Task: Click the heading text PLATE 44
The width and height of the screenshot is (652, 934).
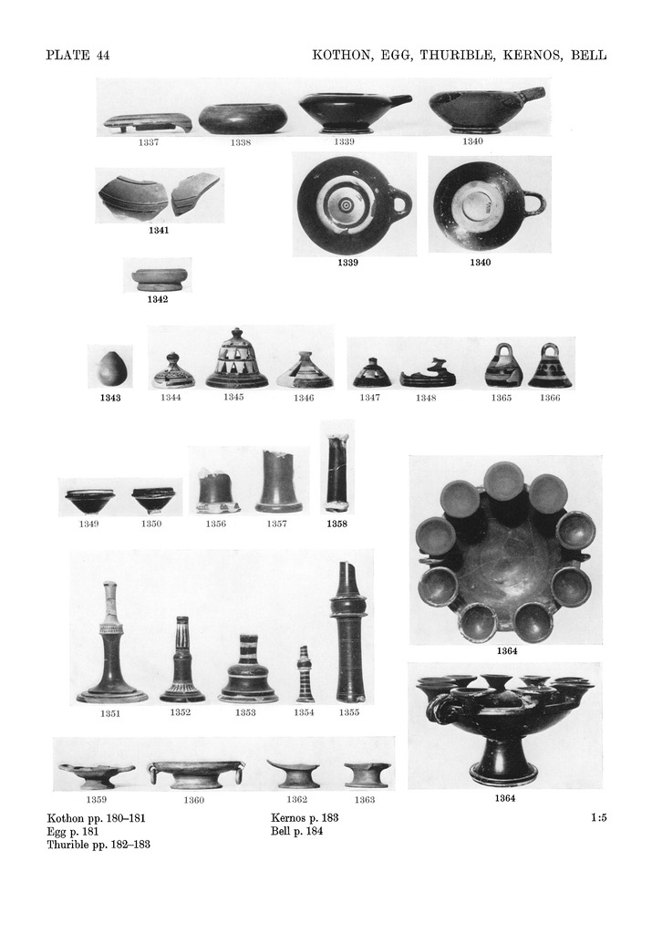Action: [x=78, y=56]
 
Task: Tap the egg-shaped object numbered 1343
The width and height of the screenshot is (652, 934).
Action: [x=110, y=368]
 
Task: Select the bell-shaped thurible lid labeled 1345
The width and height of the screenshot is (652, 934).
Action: [x=233, y=358]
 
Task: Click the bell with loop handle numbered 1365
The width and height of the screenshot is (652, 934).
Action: [x=501, y=366]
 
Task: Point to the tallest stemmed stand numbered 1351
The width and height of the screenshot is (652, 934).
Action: [x=112, y=642]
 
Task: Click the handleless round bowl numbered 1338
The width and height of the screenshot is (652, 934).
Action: [x=241, y=119]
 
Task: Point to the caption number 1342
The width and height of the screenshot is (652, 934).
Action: [x=158, y=299]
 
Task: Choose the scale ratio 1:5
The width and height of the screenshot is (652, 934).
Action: [x=598, y=818]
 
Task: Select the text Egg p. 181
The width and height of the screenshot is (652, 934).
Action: [x=73, y=832]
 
